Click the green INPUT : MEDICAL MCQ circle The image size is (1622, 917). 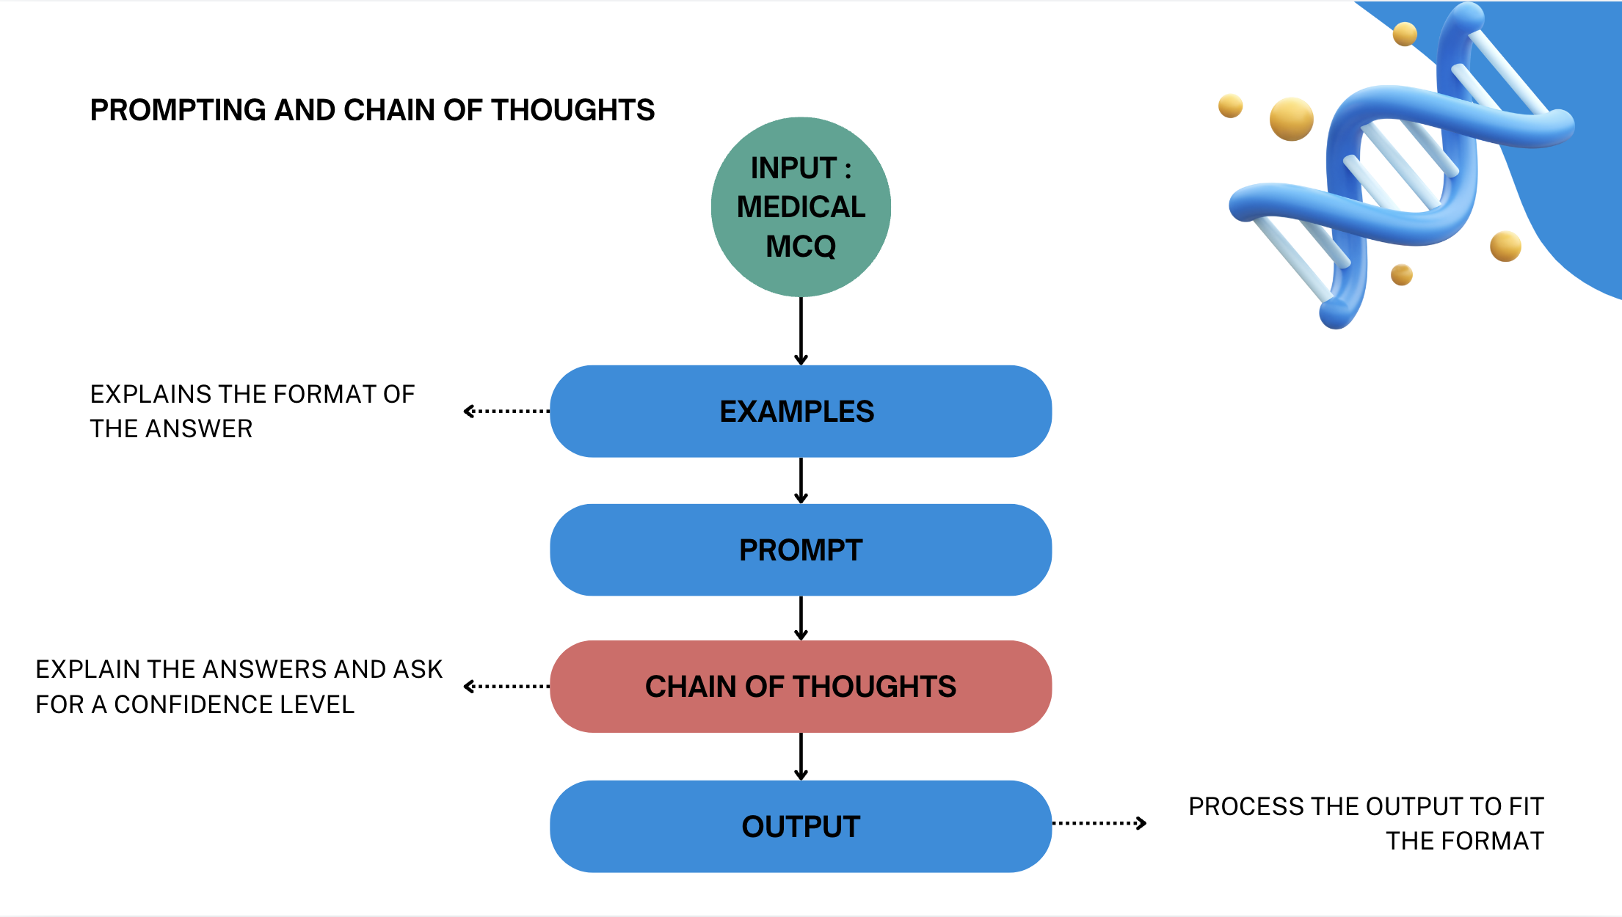[x=801, y=207]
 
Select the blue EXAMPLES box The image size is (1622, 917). [x=801, y=412]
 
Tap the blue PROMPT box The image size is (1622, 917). [x=801, y=550]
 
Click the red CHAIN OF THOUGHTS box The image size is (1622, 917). [x=801, y=687]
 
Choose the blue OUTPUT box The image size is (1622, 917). [x=801, y=827]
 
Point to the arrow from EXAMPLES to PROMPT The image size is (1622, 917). [x=801, y=481]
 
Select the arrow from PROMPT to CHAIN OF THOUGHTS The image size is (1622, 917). [x=801, y=618]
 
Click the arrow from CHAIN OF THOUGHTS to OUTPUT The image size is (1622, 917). [x=801, y=756]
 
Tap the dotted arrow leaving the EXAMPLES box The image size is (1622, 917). [x=506, y=412]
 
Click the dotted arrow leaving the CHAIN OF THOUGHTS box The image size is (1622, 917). [x=506, y=687]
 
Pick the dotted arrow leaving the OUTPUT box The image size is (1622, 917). [x=1099, y=823]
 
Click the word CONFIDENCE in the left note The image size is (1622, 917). [x=194, y=704]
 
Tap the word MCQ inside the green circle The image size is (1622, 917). [x=801, y=246]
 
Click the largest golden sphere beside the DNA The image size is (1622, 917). [x=1291, y=119]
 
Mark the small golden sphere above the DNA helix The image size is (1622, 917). [x=1404, y=34]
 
